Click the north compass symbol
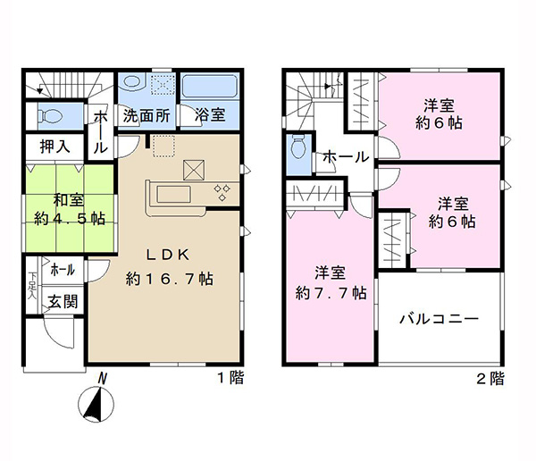[x=96, y=404]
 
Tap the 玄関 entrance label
[x=63, y=302]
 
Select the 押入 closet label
[x=55, y=147]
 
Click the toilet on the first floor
[x=50, y=115]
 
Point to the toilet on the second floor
[x=298, y=147]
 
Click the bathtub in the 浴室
[x=209, y=86]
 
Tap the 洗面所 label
[x=147, y=115]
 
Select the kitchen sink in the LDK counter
[x=173, y=195]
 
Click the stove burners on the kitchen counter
[x=222, y=193]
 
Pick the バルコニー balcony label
[x=440, y=320]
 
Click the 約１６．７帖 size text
[x=170, y=279]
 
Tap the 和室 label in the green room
[x=69, y=200]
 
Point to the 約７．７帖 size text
[x=331, y=293]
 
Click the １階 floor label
[x=231, y=378]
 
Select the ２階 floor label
[x=490, y=378]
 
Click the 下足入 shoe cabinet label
[x=32, y=286]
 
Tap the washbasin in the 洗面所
[x=134, y=81]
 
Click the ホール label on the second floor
[x=346, y=157]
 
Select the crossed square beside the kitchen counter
[x=194, y=170]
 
